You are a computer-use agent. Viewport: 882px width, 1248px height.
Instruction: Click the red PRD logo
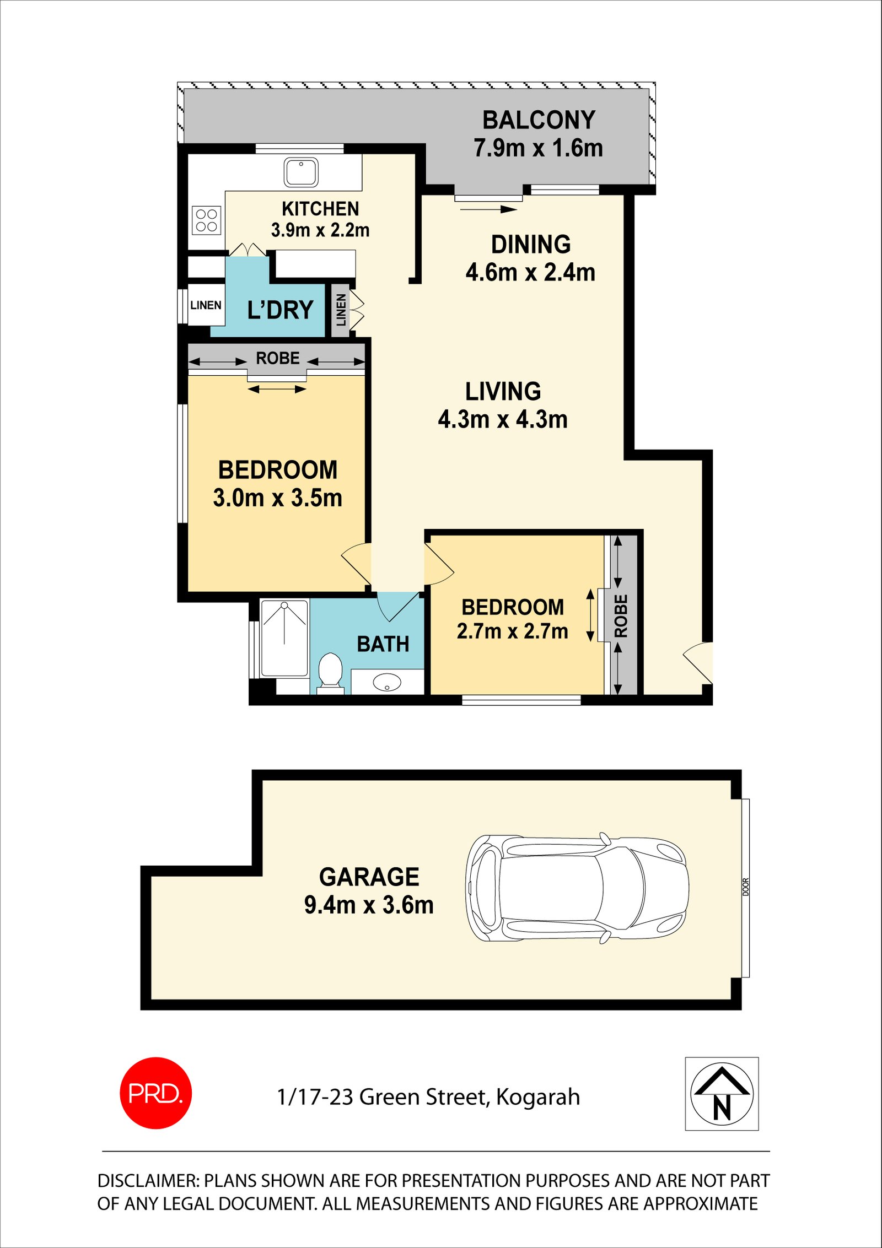point(155,1093)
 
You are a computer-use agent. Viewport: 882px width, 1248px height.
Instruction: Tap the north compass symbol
point(722,1094)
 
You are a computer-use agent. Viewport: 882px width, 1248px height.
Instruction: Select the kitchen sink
point(301,172)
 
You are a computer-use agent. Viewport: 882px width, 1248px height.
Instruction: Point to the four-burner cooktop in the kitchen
point(207,220)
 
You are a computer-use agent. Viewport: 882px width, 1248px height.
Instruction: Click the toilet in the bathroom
point(330,669)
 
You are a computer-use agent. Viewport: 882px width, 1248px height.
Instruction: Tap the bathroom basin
point(387,682)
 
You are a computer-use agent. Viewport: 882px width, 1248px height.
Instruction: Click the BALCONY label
point(539,120)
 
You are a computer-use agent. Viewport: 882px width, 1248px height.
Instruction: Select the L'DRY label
point(280,310)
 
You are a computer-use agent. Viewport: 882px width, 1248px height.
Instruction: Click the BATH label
point(383,644)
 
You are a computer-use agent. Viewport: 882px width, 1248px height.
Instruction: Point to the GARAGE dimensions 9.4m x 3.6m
point(369,905)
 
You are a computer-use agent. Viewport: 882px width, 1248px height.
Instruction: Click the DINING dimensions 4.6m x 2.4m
point(530,273)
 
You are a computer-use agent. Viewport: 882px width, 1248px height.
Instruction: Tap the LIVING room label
point(503,392)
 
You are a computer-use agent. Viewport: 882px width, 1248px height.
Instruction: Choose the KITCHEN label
point(320,209)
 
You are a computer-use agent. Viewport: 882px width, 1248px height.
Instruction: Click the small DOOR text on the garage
point(746,887)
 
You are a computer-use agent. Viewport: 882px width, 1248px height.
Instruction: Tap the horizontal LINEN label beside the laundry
point(206,305)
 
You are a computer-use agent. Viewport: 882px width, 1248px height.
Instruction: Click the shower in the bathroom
point(284,638)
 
